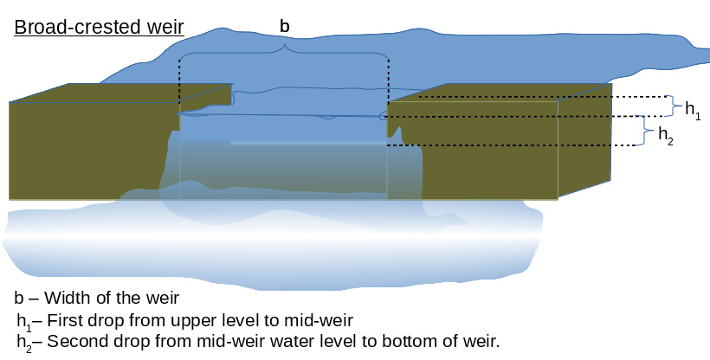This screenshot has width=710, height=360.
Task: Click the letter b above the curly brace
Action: [284, 27]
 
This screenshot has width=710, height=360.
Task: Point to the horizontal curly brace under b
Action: [284, 52]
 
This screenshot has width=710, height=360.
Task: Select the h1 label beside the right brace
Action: [693, 108]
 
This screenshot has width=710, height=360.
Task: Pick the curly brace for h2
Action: [646, 130]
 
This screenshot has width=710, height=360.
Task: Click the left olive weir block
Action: [87, 147]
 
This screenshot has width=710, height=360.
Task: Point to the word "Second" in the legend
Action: [74, 341]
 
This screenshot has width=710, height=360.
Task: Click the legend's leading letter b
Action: [19, 299]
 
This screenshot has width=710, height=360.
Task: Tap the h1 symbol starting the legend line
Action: [23, 321]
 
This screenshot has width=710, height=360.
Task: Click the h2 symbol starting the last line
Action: [23, 342]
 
